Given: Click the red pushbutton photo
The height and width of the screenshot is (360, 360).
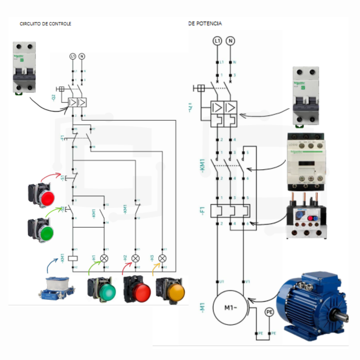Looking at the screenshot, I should click(42, 195).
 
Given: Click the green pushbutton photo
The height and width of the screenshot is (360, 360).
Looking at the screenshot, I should click(41, 230).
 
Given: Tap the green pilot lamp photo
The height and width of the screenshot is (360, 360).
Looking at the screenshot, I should click(102, 290).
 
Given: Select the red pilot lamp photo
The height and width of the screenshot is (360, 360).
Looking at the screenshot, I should click(137, 290).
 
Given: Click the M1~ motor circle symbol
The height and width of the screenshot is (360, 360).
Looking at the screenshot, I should click(230, 308).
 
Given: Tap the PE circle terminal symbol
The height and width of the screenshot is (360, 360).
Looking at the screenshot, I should click(269, 312).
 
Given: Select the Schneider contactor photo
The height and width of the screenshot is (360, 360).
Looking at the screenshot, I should click(306, 162).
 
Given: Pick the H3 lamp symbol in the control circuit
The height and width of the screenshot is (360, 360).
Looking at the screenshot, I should click(162, 258).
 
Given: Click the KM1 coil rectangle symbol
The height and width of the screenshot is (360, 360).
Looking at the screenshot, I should click(73, 258).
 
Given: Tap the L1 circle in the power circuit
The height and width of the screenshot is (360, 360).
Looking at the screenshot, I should click(217, 41).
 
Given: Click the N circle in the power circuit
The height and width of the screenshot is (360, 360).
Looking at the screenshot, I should click(230, 41).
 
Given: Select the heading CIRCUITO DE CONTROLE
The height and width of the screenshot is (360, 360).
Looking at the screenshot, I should click(45, 24).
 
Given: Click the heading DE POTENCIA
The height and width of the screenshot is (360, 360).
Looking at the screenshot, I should click(205, 23).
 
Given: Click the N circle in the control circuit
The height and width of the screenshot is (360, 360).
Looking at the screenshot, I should click(82, 56).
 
